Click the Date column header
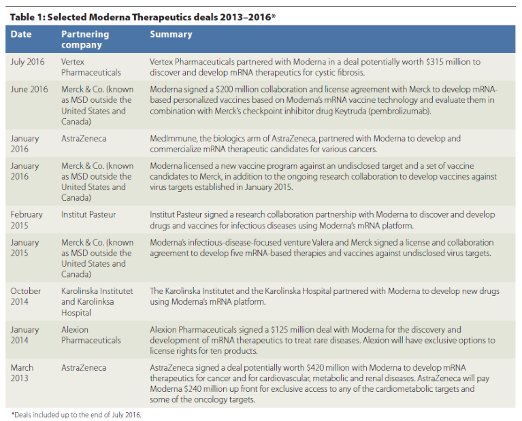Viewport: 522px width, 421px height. [20, 34]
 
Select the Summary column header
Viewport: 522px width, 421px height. [171, 34]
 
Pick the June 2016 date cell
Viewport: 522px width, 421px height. [29, 89]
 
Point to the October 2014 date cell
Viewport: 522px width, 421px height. [26, 296]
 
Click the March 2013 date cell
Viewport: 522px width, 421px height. [22, 373]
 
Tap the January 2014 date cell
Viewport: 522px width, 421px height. [26, 335]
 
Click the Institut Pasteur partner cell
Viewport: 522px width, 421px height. [88, 214]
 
